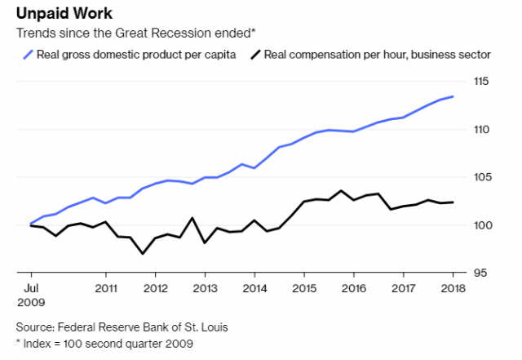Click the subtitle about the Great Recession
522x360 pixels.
pyautogui.click(x=131, y=33)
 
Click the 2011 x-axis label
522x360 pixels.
pyautogui.click(x=106, y=288)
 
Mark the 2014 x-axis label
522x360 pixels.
pyautogui.click(x=255, y=288)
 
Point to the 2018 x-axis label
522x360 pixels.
pyautogui.click(x=454, y=288)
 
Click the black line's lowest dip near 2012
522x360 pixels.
pyautogui.click(x=144, y=253)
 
